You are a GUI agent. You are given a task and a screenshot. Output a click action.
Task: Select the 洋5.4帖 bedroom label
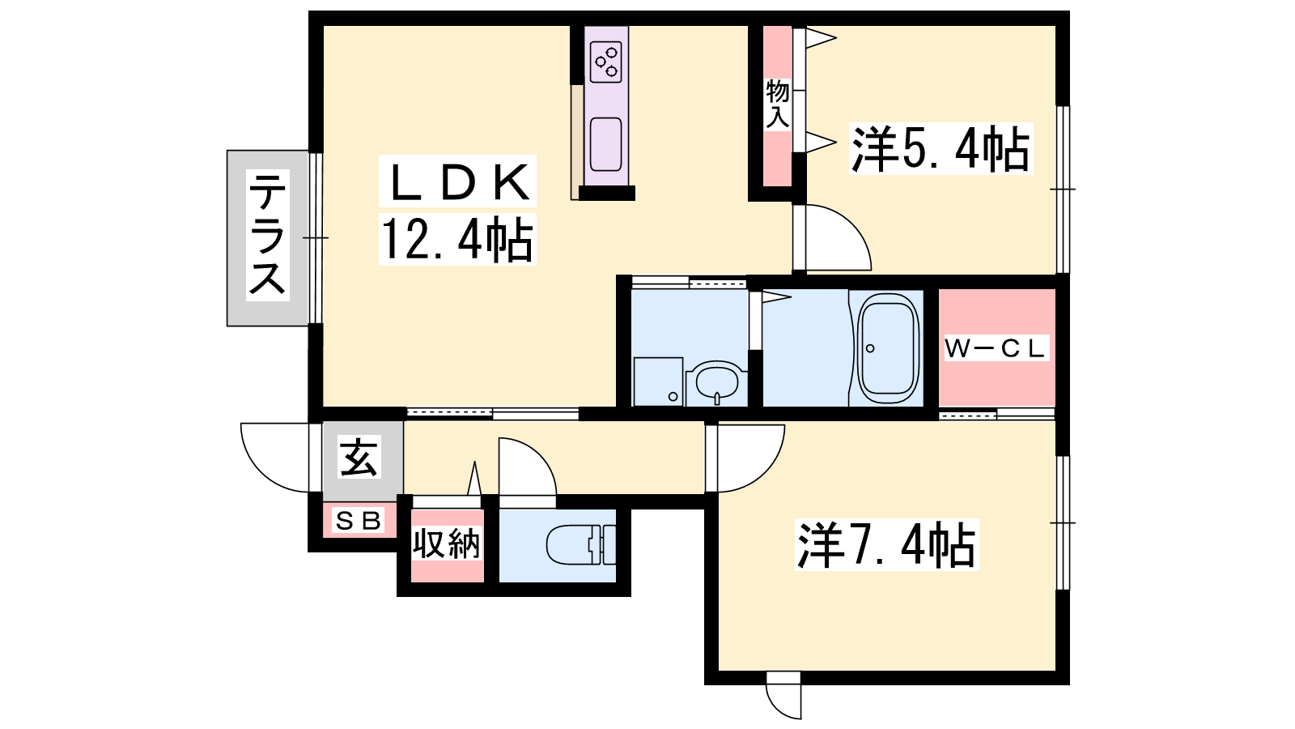coord(940,149)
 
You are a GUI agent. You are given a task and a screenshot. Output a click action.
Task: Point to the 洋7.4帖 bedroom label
coord(886,545)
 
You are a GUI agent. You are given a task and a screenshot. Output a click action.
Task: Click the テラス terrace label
coord(268,236)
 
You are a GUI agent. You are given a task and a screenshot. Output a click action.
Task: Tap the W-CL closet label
coord(996,349)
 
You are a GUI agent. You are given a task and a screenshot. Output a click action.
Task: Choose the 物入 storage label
coord(778,104)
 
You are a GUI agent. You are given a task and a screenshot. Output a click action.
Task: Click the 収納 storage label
coord(446,544)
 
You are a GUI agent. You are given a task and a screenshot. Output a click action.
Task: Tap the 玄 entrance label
coord(359,457)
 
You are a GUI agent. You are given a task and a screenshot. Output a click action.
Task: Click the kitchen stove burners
coord(606,62)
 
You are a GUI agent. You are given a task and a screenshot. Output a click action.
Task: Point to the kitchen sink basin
coord(606,145)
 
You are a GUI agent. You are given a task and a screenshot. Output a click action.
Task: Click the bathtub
coord(887,348)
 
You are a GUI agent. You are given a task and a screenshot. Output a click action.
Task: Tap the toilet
coord(581,544)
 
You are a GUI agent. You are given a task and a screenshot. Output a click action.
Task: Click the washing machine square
coord(659,382)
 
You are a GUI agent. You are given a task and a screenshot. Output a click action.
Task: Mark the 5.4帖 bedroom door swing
coord(833,237)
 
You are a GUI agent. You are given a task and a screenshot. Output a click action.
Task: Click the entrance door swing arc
coord(276,458)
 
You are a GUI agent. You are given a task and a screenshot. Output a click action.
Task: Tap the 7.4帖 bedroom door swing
coord(745,458)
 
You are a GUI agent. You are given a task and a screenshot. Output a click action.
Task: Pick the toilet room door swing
coord(527,467)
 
